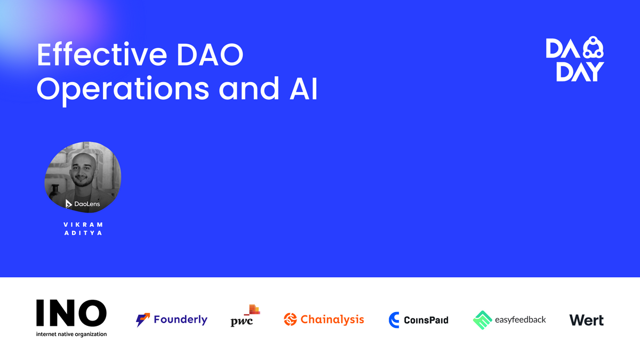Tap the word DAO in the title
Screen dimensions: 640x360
[x=210, y=54]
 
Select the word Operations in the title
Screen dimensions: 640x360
[x=123, y=89]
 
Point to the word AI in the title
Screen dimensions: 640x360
[x=303, y=89]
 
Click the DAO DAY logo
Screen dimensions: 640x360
[x=575, y=59]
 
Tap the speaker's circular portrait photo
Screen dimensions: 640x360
[x=83, y=177]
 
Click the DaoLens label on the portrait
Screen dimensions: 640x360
[x=83, y=204]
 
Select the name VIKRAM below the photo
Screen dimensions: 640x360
[x=83, y=225]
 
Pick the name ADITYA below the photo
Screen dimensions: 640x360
[x=83, y=233]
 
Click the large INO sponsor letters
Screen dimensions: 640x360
[x=71, y=313]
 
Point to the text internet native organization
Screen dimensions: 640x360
[x=71, y=334]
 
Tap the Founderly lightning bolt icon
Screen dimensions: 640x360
[x=143, y=319]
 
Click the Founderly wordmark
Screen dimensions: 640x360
[x=181, y=319]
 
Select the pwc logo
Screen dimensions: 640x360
[x=245, y=316]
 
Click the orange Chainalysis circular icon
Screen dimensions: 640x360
[x=290, y=319]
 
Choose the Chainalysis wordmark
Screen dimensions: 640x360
[x=332, y=319]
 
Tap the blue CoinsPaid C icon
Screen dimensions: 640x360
[x=394, y=319]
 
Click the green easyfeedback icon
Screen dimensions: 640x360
[x=482, y=320]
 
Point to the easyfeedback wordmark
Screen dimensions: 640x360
[x=521, y=319]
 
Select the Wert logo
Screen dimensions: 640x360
[x=587, y=320]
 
